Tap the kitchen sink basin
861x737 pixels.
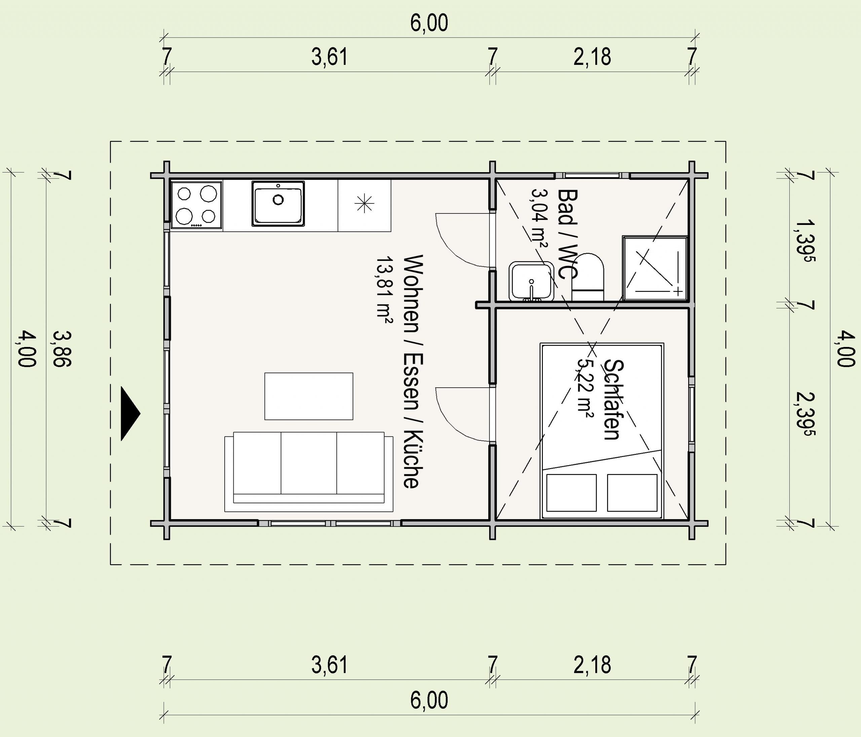click(278, 203)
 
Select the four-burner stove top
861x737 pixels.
click(196, 204)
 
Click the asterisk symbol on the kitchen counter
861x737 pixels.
click(365, 203)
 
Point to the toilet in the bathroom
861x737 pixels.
click(588, 277)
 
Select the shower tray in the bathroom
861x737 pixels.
click(655, 268)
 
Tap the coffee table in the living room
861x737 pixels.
click(309, 396)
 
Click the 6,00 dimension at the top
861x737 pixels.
click(429, 23)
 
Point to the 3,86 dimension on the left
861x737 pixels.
click(62, 349)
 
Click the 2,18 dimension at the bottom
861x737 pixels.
click(592, 665)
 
